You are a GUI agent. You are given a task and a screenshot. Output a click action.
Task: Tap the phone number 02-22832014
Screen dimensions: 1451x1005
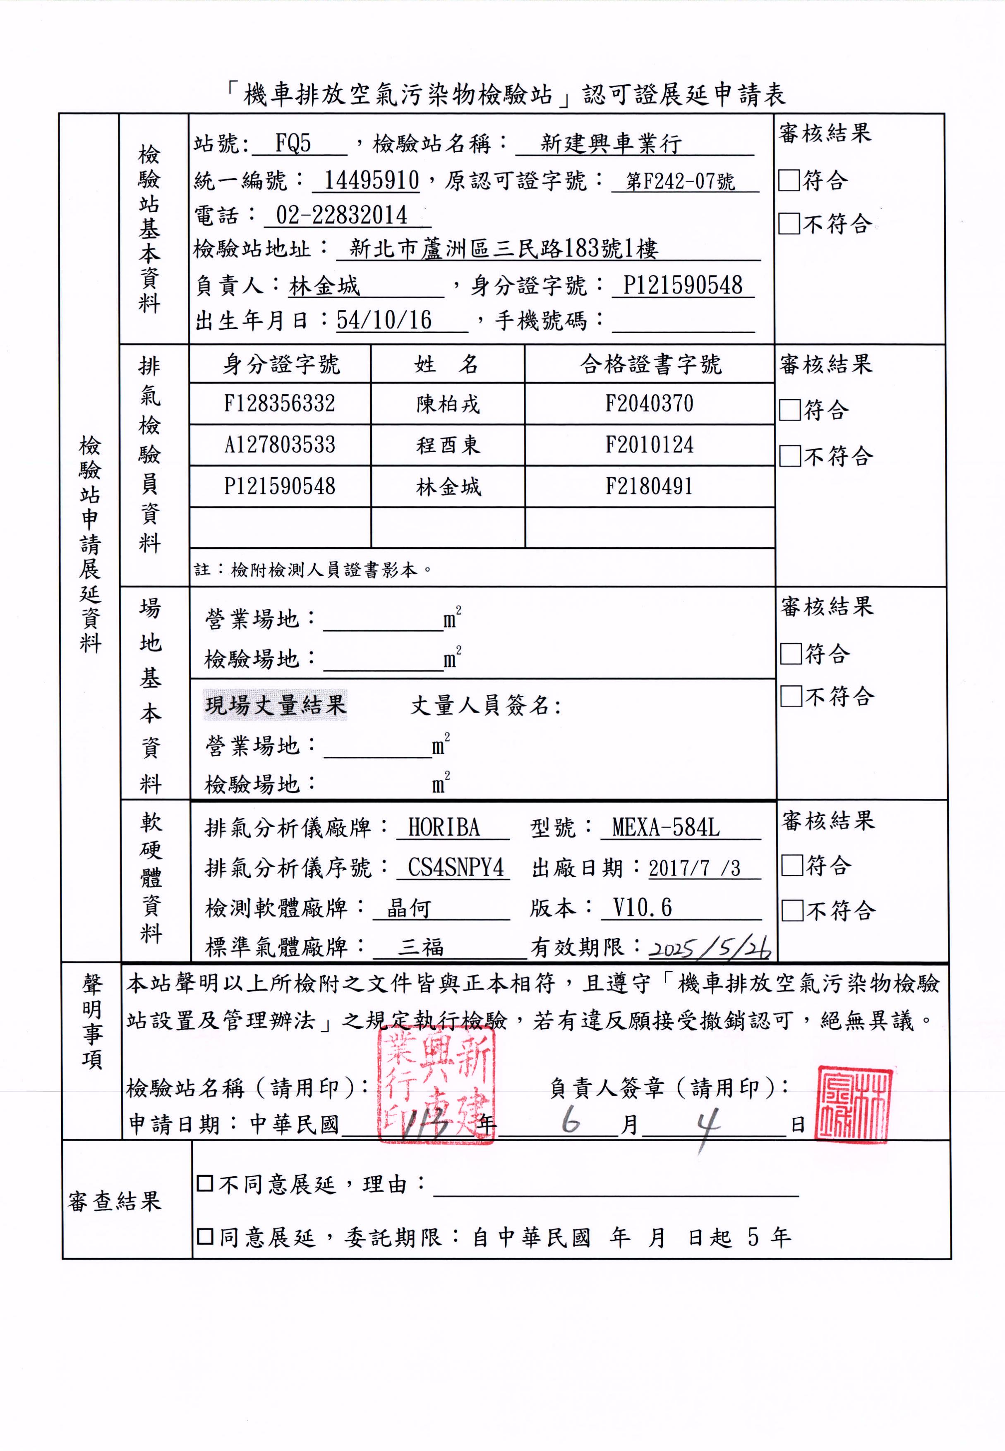tap(341, 215)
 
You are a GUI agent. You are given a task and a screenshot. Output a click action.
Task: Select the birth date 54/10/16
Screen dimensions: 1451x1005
tap(384, 321)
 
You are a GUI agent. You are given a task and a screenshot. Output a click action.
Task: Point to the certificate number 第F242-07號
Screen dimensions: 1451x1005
tap(680, 181)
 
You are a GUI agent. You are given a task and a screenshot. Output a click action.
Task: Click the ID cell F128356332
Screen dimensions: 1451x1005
tap(280, 404)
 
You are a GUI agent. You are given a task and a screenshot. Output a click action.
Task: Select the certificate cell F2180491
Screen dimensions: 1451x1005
tap(649, 486)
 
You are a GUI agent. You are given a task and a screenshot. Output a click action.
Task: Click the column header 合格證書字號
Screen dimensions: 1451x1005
tap(650, 364)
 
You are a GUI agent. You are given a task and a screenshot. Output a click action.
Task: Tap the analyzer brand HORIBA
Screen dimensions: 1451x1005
tap(444, 827)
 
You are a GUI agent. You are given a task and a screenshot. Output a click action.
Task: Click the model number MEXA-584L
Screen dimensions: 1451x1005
tap(666, 827)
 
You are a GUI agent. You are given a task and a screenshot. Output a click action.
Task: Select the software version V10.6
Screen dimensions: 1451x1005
tap(642, 908)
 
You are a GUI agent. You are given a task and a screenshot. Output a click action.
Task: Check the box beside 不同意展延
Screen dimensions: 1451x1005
tap(205, 1184)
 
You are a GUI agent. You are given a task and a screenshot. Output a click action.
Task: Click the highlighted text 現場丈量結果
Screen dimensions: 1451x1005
tap(276, 705)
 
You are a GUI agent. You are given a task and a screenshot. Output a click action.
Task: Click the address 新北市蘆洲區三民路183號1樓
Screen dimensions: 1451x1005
tap(504, 249)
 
